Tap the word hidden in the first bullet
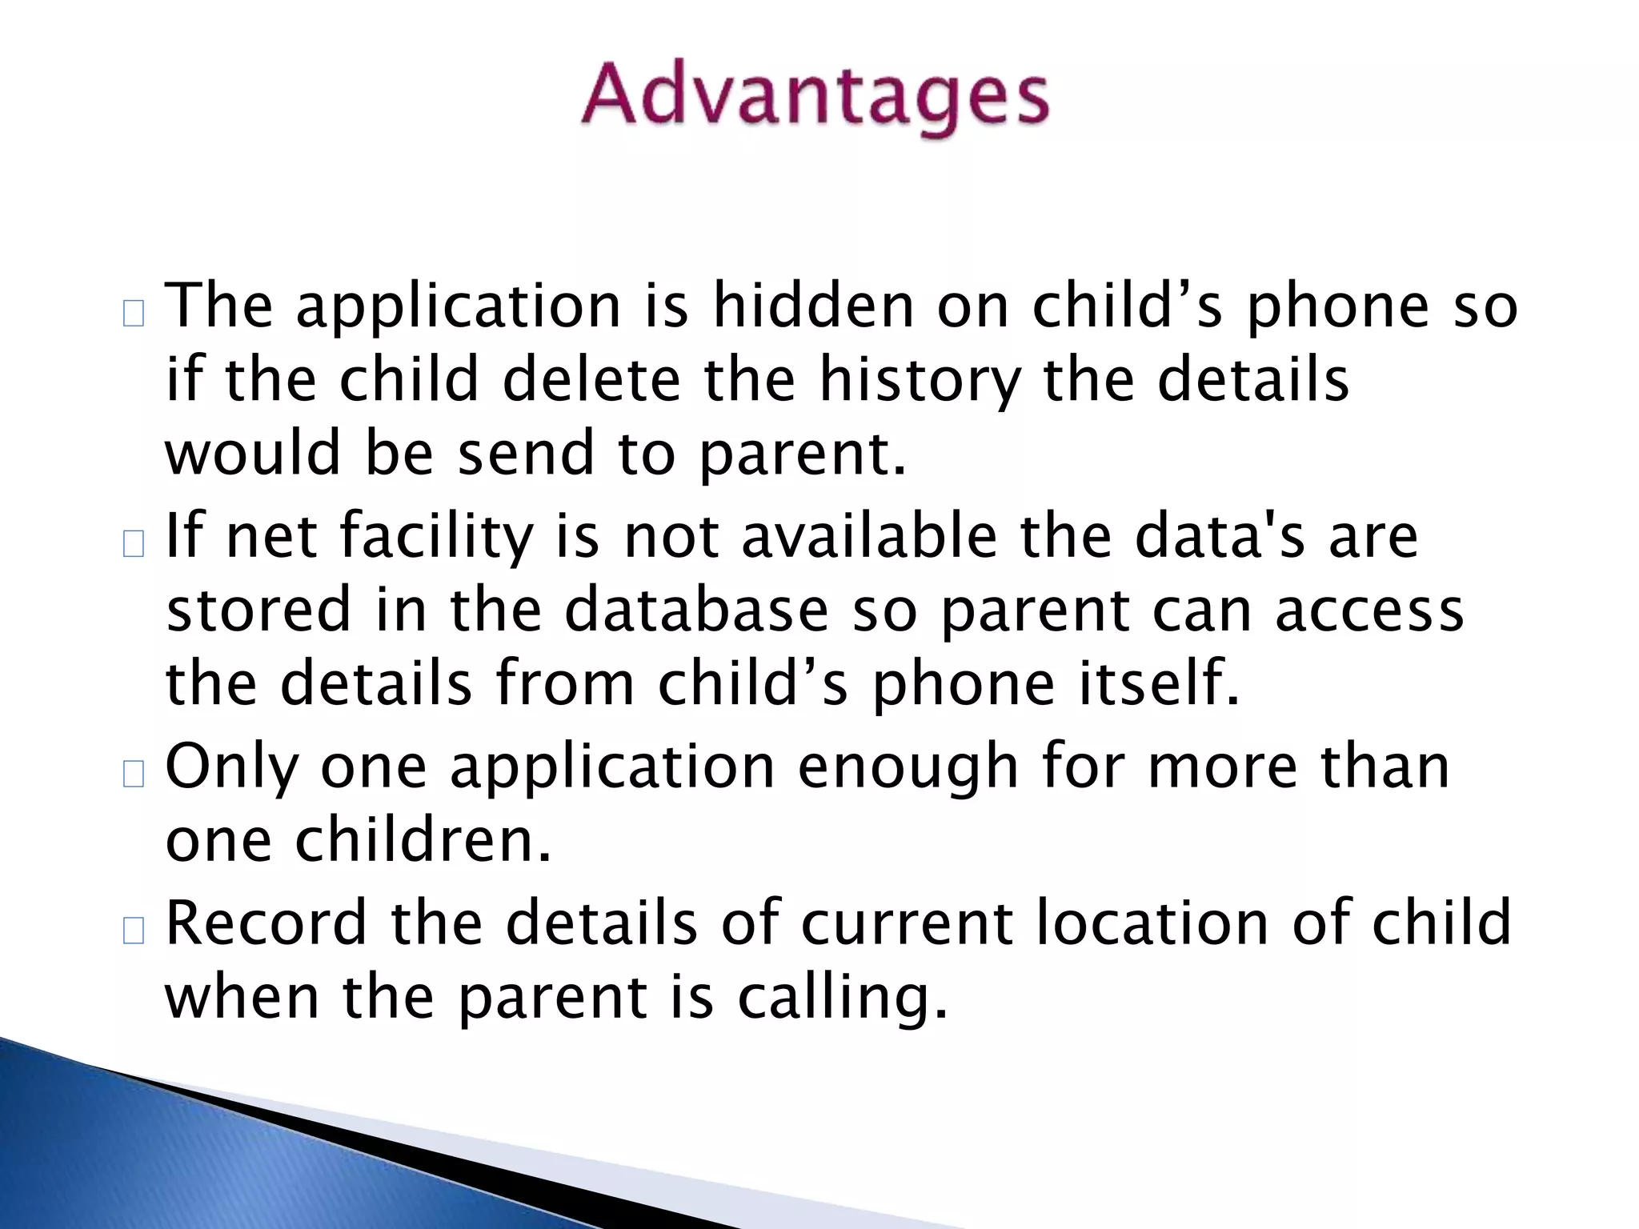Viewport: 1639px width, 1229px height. (x=813, y=306)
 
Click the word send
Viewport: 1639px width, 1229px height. (x=526, y=453)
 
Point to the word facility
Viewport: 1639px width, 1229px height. (x=436, y=537)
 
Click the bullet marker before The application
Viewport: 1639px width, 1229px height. (x=134, y=314)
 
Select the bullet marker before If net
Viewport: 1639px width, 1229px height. (x=134, y=544)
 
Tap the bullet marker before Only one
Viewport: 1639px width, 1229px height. (x=134, y=774)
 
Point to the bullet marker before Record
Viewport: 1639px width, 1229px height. (x=134, y=930)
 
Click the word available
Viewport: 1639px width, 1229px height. (x=869, y=535)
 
